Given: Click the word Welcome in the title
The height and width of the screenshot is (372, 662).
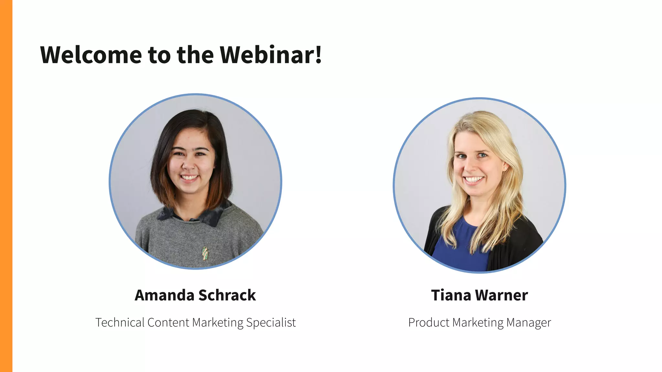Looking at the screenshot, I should pos(91,55).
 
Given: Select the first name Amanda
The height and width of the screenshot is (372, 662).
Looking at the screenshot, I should pos(164,295).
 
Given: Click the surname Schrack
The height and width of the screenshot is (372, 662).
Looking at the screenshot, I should pos(227,295).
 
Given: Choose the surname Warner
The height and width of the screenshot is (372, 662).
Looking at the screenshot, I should pos(502,295).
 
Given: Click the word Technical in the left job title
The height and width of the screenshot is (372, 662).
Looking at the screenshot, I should pos(120,322).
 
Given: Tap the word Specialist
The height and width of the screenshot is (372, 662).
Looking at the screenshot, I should pos(271,322).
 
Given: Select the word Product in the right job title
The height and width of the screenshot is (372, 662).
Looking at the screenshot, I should pos(429,322).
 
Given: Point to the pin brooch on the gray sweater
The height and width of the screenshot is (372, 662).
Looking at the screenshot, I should pos(205,253).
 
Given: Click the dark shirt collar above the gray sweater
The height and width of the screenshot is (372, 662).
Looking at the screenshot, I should pos(213,215).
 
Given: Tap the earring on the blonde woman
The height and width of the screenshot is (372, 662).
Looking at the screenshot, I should pos(505,168).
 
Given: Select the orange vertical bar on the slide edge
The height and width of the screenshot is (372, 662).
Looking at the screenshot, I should pos(6,186).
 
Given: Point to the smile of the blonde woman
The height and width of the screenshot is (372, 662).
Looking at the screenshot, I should pos(474,180).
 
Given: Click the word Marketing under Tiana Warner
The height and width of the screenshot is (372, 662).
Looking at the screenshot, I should pos(478,322).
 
